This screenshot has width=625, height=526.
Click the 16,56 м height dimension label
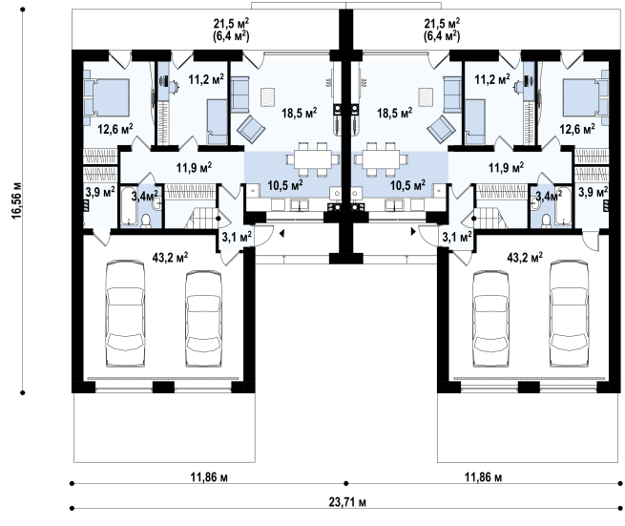coord(17,201)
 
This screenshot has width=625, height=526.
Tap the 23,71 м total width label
coord(347,502)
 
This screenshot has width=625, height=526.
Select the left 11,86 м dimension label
coord(209,477)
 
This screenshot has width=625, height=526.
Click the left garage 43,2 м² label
coord(170,258)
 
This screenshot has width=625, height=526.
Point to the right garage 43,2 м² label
coord(525,258)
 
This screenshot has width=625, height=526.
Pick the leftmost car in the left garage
coord(125,313)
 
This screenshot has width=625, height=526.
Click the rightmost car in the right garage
coord(569,313)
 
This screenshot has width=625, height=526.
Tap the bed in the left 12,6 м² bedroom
coord(107,97)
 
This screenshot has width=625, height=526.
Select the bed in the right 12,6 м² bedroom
coord(585,97)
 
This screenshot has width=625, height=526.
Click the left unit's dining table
coord(313,159)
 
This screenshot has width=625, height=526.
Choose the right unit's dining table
coord(382,159)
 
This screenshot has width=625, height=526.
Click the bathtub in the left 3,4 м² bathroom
coord(129,206)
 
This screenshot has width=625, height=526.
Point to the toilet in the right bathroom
coord(547,221)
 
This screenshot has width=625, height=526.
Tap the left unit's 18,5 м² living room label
coord(300,113)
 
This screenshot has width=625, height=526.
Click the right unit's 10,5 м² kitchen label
coord(407,185)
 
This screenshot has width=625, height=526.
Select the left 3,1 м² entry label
coord(237,238)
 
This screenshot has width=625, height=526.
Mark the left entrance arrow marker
coord(281,234)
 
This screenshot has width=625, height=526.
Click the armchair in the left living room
coord(251,129)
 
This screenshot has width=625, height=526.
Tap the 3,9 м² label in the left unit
coord(100,192)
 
